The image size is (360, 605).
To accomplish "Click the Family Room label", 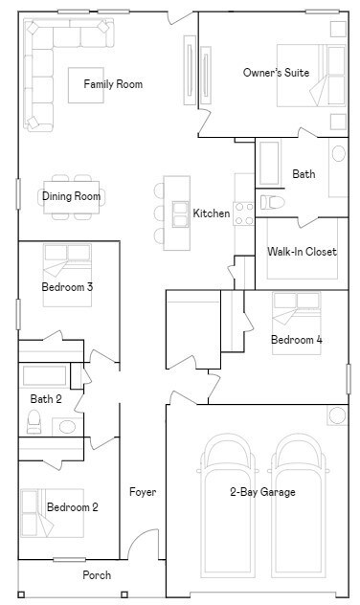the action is tap(113, 84).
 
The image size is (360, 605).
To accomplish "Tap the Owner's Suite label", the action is tap(277, 73).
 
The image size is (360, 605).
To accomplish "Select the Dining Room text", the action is tap(72, 196).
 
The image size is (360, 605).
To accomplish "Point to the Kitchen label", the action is tap(212, 213).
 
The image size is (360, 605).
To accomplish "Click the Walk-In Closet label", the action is tap(303, 252).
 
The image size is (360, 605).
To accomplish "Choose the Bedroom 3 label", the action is tap(67, 287).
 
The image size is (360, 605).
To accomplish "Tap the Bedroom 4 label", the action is tap(297, 340).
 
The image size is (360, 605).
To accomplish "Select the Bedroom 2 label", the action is tap(73, 507).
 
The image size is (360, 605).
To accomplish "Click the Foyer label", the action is tap(143, 492).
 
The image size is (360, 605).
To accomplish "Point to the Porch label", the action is tap(97, 575).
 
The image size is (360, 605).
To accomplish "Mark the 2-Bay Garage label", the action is tap(262, 492).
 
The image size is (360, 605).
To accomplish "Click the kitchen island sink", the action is tap(180, 214).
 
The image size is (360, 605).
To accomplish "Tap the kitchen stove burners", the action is tap(244, 213).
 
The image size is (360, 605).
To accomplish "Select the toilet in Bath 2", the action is tap(34, 421).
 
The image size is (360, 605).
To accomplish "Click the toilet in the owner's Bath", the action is tap(273, 202).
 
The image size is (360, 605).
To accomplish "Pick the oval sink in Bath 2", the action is tap(67, 427).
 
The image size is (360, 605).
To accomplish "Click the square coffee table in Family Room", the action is tap(86, 85).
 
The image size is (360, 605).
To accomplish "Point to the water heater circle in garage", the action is tap(338, 415).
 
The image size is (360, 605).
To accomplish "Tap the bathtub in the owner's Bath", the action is tap(269, 163).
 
